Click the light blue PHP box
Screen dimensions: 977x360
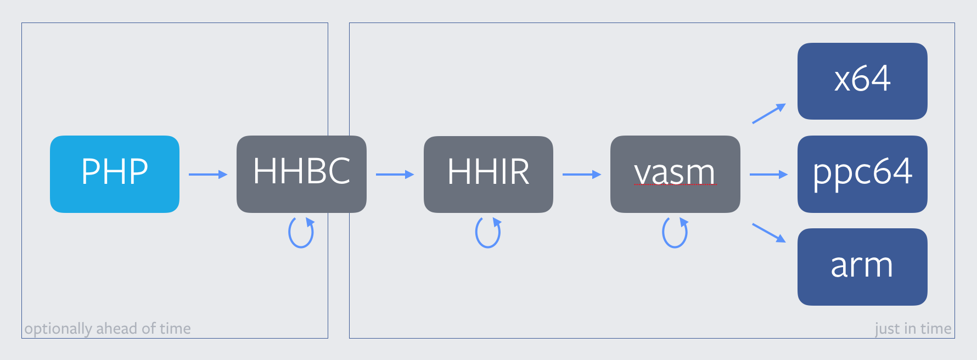click(115, 174)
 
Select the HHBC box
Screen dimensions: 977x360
click(301, 174)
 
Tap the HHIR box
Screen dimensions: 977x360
click(488, 174)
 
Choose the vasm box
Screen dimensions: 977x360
click(675, 174)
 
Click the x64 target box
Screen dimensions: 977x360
click(862, 81)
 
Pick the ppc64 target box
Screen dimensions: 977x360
click(862, 174)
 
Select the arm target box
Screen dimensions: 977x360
click(862, 267)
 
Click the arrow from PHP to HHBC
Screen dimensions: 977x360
click(208, 175)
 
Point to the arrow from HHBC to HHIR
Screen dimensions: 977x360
click(395, 175)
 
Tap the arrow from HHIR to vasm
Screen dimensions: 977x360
click(582, 175)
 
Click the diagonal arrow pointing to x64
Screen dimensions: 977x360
click(768, 114)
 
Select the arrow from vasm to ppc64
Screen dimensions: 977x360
click(768, 175)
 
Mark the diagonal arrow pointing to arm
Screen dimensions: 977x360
click(768, 233)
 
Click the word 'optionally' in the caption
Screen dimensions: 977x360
click(59, 329)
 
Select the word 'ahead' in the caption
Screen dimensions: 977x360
click(116, 328)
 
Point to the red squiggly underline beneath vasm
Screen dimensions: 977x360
click(676, 185)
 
